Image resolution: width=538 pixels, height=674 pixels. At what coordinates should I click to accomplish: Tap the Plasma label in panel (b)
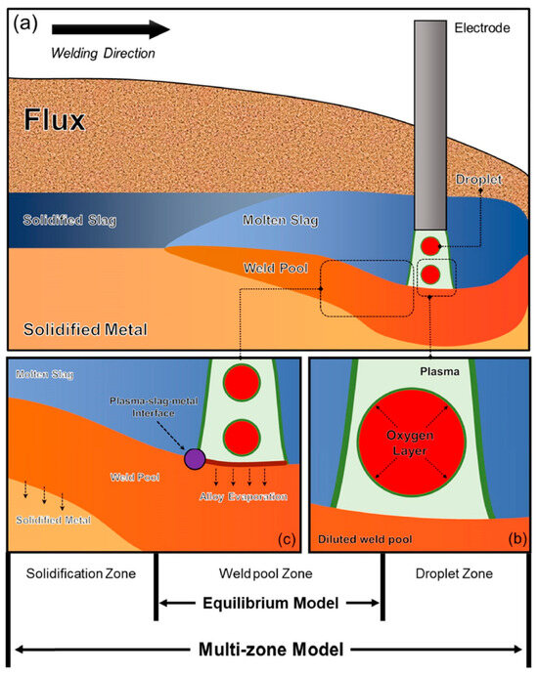point(419,371)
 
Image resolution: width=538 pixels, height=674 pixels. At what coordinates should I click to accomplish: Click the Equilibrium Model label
point(268,605)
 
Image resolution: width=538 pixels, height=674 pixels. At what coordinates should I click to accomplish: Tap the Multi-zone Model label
point(268,648)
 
